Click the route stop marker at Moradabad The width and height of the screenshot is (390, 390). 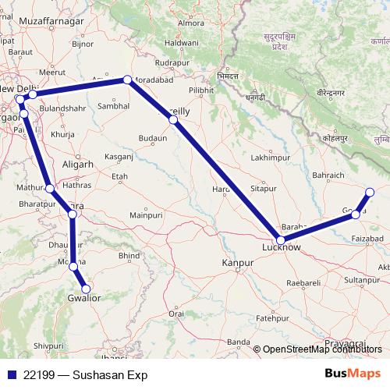tap(127, 80)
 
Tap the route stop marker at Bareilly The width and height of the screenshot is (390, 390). tap(174, 120)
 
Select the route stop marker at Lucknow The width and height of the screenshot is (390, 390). tap(280, 241)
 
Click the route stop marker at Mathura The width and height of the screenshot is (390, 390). tap(50, 188)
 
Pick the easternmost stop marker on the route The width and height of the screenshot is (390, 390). tap(370, 192)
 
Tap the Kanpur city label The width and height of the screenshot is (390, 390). tap(239, 264)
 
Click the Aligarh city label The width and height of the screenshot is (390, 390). tap(77, 165)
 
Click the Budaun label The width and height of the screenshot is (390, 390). tap(153, 137)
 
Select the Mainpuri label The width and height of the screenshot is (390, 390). tap(145, 213)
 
